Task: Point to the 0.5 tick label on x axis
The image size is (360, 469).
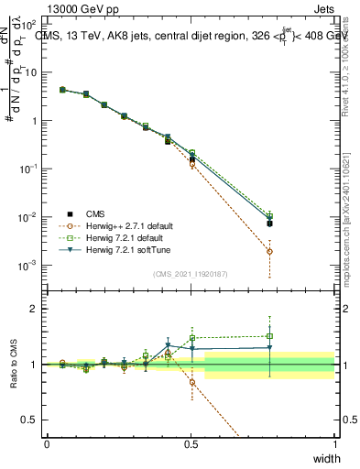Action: coord(191,443)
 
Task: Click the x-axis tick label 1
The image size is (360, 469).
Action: coord(335,443)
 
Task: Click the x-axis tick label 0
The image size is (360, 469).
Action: coord(47,443)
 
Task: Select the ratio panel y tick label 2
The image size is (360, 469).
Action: coord(34,310)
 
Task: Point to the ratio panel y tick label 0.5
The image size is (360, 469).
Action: coord(29,420)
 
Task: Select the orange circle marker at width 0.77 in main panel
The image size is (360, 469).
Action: coord(269,251)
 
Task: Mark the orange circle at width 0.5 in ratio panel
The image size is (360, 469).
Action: coord(191,382)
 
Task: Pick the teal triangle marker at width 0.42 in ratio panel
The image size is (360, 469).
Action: coord(168,346)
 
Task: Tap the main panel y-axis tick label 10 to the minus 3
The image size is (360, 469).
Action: coord(27,266)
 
